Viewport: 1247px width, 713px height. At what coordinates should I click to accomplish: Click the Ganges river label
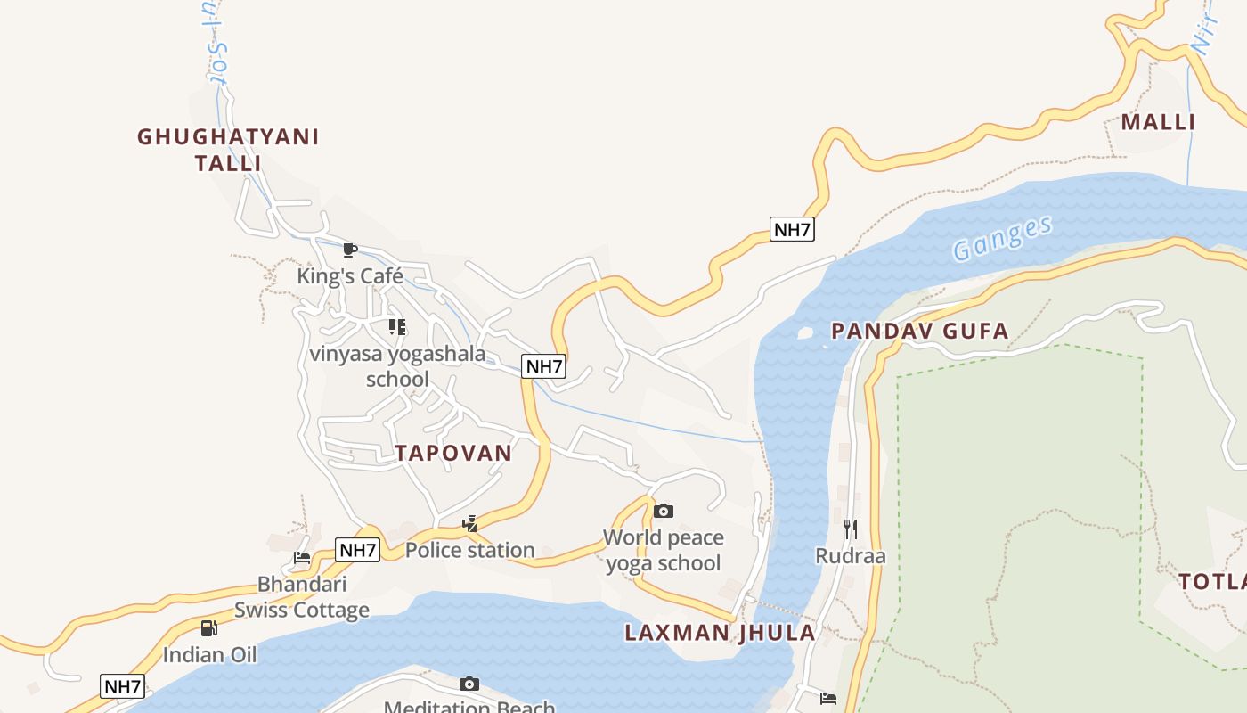coord(1002,238)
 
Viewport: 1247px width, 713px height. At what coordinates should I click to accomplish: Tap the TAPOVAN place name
coord(453,453)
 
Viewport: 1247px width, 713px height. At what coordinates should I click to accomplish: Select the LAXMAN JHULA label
coord(720,633)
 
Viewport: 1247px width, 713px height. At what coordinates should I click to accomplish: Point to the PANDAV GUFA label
coord(919,332)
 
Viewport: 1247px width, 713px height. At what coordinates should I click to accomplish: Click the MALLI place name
coord(1157,122)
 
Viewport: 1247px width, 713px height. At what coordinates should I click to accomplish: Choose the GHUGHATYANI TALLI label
coord(228,150)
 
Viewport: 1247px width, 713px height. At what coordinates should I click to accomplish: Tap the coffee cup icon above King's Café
coord(350,250)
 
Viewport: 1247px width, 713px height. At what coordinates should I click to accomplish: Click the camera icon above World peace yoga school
coord(664,511)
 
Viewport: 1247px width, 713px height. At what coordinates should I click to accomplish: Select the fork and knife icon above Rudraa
coord(851,529)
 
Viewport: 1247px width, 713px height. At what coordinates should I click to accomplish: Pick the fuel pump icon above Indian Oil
coord(209,628)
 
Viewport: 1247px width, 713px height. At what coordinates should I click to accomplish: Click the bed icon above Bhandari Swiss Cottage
coord(302,558)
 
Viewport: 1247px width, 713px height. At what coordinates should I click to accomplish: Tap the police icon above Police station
coord(470,523)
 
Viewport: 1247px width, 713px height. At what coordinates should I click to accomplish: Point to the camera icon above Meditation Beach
coord(469,684)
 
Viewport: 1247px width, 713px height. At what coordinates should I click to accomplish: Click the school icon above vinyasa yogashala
coord(397,327)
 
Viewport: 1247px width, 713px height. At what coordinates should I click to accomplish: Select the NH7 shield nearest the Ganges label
coord(792,229)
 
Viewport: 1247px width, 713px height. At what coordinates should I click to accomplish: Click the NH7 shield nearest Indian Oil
coord(123,686)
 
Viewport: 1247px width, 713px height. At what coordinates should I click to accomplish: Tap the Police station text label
coord(470,550)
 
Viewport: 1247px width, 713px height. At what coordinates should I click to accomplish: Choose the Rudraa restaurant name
coord(851,556)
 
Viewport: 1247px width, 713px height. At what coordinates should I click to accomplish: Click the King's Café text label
coord(350,276)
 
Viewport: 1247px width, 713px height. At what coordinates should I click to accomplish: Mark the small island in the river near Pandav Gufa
coord(805,333)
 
